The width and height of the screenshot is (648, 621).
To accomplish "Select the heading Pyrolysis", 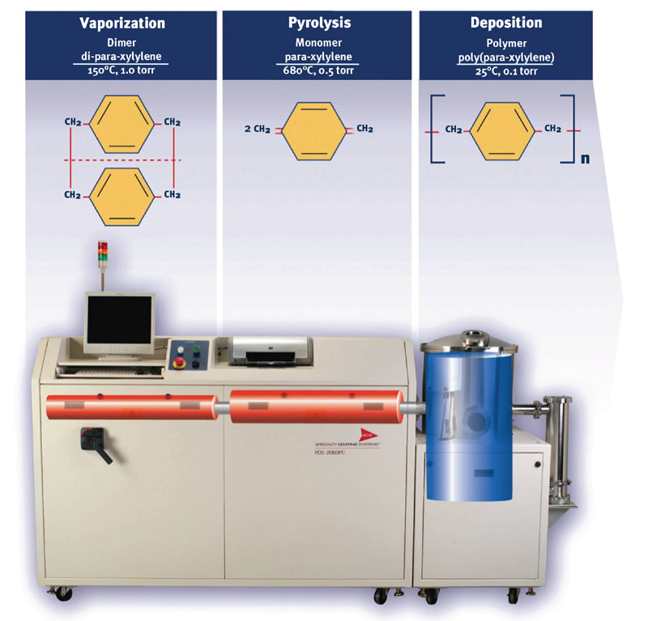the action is (319, 23).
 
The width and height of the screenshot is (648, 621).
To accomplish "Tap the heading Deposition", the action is (506, 23).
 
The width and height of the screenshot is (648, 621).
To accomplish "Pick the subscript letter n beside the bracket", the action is (585, 158).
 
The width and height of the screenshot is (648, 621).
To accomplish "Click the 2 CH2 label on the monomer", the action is (256, 129).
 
